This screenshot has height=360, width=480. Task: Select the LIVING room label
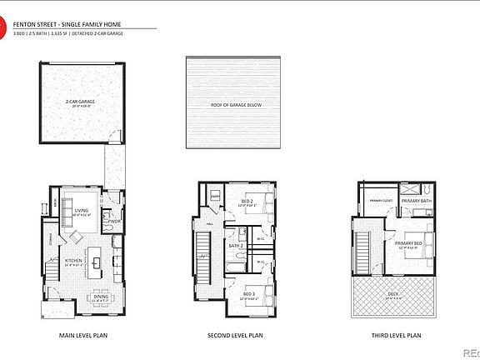pyautogui.click(x=82, y=211)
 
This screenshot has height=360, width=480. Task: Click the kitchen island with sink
pyautogui.click(x=97, y=264)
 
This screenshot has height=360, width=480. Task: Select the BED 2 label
pyautogui.click(x=247, y=202)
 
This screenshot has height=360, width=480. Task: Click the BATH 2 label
pyautogui.click(x=236, y=246)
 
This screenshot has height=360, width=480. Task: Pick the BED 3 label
pyautogui.click(x=249, y=294)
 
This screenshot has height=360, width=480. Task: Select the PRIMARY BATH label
pyautogui.click(x=416, y=201)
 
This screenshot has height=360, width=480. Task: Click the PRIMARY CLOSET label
pyautogui.click(x=381, y=201)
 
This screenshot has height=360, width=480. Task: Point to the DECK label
pyautogui.click(x=394, y=294)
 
